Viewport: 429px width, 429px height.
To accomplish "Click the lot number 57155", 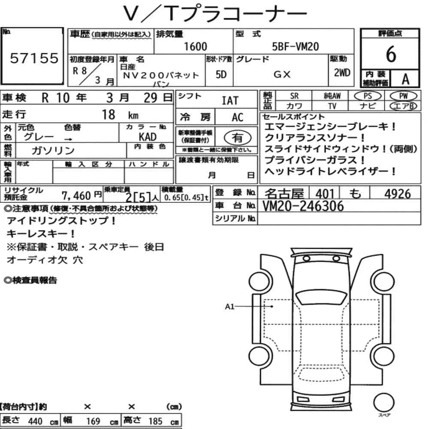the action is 34,58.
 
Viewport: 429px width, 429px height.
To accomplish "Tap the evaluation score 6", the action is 391,54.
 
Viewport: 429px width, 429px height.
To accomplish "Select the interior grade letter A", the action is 405,79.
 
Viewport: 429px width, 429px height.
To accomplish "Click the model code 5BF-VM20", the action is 295,46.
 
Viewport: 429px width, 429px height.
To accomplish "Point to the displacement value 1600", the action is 195,46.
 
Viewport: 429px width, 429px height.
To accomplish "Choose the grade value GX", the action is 282,74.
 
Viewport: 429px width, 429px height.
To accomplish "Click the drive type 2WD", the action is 342,73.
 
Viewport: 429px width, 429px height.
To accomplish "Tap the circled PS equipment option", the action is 368,96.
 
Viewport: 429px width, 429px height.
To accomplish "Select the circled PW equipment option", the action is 403,96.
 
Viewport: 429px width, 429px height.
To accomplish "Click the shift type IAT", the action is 230,101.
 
